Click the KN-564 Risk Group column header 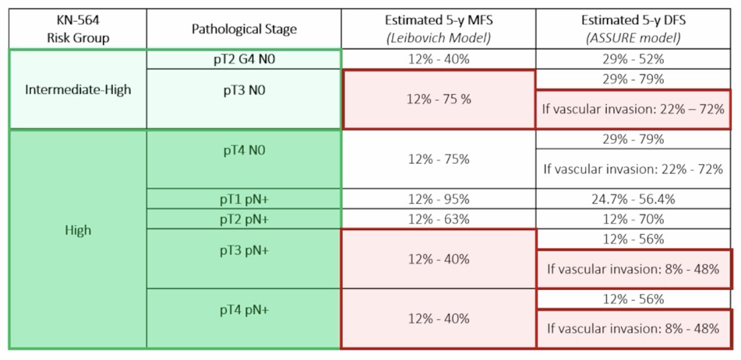(x=78, y=29)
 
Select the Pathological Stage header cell (x=244, y=29)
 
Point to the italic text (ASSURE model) (x=633, y=38)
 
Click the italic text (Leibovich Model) (x=438, y=38)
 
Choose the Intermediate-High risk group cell (x=78, y=90)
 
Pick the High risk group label (x=78, y=230)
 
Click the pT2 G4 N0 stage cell (x=244, y=59)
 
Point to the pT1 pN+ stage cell (x=244, y=199)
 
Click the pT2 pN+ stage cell (x=244, y=219)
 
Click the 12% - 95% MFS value (x=438, y=199)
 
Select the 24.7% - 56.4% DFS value (x=633, y=199)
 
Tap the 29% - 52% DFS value (x=633, y=59)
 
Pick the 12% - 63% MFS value (x=438, y=219)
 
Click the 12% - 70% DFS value (x=633, y=219)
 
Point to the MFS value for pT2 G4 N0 (x=438, y=59)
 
